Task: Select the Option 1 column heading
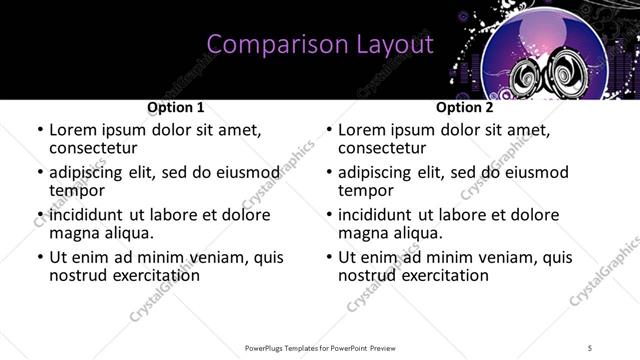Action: tap(176, 107)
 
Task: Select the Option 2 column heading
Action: tap(465, 107)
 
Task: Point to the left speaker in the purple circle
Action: tap(528, 77)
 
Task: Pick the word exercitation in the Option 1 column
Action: tap(153, 275)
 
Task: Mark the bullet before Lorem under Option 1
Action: tap(38, 131)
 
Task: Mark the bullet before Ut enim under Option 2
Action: tap(327, 257)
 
